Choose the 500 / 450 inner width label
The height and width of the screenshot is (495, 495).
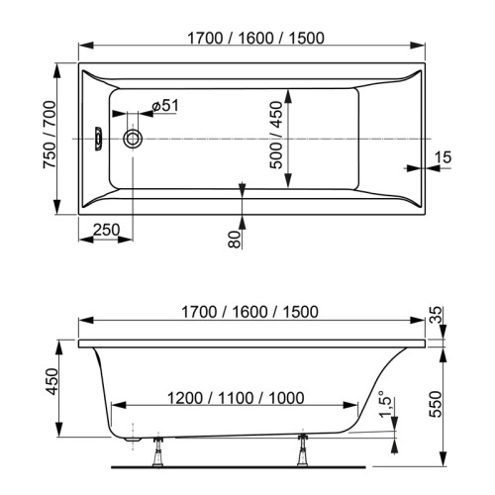(x=275, y=140)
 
